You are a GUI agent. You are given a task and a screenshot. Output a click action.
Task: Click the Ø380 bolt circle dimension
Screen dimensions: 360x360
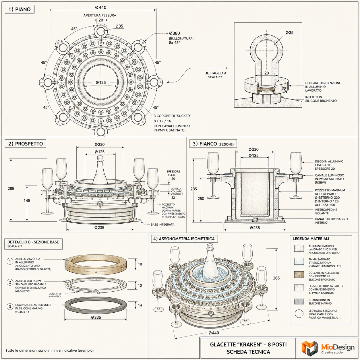pyautogui.click(x=175, y=33)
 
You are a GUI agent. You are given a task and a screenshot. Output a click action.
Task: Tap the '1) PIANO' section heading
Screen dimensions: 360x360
pyautogui.click(x=20, y=9)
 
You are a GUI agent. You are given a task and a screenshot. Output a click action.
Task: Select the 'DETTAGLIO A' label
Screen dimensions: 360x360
pyautogui.click(x=215, y=73)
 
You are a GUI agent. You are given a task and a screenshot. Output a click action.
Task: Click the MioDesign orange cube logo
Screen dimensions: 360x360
pyautogui.click(x=310, y=348)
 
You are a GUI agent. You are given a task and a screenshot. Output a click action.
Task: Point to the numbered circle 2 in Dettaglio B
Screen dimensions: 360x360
pyautogui.click(x=10, y=282)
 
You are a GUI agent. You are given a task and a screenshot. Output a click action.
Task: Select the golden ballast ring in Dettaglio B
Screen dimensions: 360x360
pyautogui.click(x=96, y=264)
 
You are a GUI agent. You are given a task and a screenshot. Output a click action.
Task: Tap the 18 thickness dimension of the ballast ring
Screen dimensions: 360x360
pyautogui.click(x=140, y=264)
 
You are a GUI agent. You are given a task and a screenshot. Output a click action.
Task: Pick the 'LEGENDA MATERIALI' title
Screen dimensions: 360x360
pyautogui.click(x=311, y=239)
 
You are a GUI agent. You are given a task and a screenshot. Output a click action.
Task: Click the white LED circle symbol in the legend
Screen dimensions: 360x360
pyautogui.click(x=299, y=314)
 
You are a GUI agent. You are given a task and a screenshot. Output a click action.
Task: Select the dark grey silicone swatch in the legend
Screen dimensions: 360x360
pyautogui.click(x=299, y=301)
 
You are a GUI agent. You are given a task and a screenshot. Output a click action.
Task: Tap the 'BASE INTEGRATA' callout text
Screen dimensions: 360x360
pyautogui.click(x=162, y=224)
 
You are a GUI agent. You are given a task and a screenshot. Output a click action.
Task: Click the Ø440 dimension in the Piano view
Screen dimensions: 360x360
pyautogui.click(x=100, y=7)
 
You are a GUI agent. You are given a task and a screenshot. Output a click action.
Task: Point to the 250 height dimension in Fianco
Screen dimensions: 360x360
pyautogui.click(x=201, y=199)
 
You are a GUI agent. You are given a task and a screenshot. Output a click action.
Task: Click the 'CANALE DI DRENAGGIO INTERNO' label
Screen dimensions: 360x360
pyautogui.click(x=331, y=221)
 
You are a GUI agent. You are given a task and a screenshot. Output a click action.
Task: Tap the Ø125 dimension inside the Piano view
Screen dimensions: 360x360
pyautogui.click(x=101, y=82)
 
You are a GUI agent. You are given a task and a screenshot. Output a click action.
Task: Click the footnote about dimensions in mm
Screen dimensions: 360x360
pyautogui.click(x=50, y=351)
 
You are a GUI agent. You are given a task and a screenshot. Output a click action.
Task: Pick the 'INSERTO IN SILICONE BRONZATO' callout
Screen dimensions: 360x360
pyautogui.click(x=321, y=99)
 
